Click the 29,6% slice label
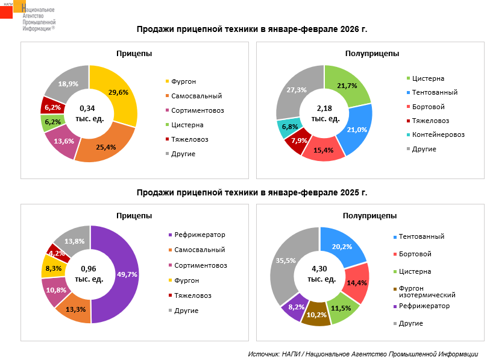[x=118, y=92]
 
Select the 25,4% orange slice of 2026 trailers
[x=105, y=145]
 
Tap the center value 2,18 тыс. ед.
[x=324, y=113]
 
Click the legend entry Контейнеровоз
[x=438, y=134]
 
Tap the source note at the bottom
[x=363, y=354]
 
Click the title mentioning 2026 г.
[x=251, y=29]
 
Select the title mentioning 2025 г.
[x=251, y=192]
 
